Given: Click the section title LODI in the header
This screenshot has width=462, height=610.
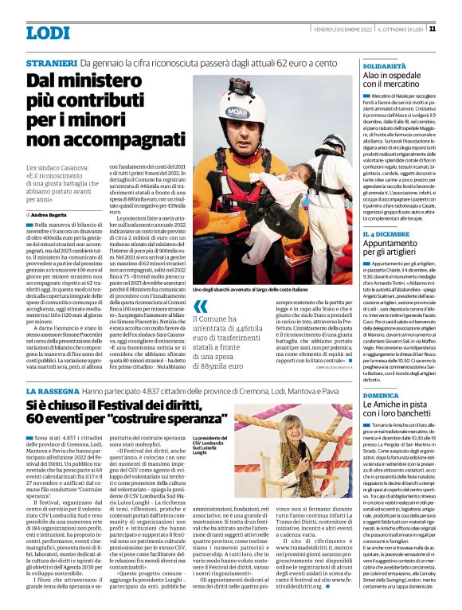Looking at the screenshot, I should (48, 32).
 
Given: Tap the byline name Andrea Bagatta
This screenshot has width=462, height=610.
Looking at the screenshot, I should (49, 215).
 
